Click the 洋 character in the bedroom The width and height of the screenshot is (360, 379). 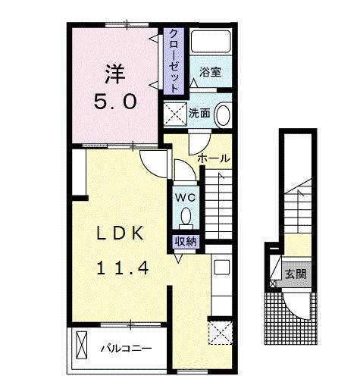(x=115, y=74)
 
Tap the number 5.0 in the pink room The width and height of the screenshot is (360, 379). (x=115, y=102)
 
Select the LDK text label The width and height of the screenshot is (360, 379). (x=121, y=233)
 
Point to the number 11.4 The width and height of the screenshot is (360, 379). (x=123, y=268)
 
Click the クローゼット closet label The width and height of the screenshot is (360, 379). (x=174, y=61)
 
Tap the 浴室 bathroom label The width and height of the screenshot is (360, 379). (x=210, y=72)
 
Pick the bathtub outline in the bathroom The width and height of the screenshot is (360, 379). (x=211, y=42)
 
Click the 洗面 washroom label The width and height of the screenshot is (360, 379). (x=199, y=113)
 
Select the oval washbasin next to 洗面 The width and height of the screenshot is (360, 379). (x=222, y=114)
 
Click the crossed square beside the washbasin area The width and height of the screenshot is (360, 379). (x=175, y=114)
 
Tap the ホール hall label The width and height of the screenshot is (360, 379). (x=214, y=158)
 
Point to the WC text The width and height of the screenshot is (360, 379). (x=186, y=198)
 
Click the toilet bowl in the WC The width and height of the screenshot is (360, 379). (x=186, y=216)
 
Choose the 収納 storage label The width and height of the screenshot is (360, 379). (x=186, y=242)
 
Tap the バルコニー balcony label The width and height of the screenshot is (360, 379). (x=127, y=349)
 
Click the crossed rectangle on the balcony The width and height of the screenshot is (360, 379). (x=82, y=345)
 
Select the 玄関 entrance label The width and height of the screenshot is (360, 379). (x=296, y=274)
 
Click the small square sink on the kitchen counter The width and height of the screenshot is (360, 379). (x=222, y=267)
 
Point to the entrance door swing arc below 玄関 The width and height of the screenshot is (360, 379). (x=293, y=310)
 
